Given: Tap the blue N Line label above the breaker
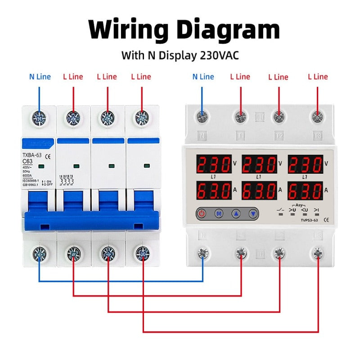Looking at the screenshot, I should click(40, 76).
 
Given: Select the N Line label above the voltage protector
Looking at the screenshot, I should click(203, 76).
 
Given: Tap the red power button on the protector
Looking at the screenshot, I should click(202, 214).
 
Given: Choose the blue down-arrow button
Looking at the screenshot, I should click(253, 214).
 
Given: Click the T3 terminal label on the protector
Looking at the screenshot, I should click(318, 135).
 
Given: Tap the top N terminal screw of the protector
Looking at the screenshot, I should click(202, 117).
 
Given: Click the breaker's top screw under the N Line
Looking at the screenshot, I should click(39, 118).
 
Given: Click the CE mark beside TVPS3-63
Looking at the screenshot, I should click(326, 220).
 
